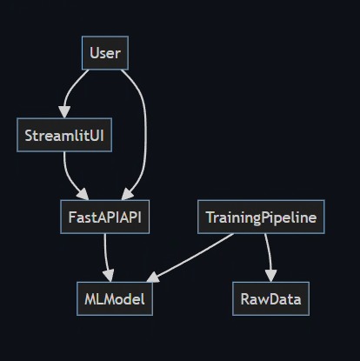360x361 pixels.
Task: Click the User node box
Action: point(104,53)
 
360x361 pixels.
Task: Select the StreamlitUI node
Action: point(64,135)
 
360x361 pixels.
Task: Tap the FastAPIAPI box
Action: point(104,217)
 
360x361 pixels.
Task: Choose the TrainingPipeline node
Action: point(261,217)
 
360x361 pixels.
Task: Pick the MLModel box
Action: point(113,298)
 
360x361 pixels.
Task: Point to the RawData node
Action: point(270,298)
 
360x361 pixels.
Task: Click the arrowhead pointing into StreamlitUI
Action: point(63,113)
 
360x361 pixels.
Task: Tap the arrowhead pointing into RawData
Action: point(270,277)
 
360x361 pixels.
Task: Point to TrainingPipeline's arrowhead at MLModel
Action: point(152,278)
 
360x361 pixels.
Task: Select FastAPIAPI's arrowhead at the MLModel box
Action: point(112,277)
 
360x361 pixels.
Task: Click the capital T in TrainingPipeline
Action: point(210,217)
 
